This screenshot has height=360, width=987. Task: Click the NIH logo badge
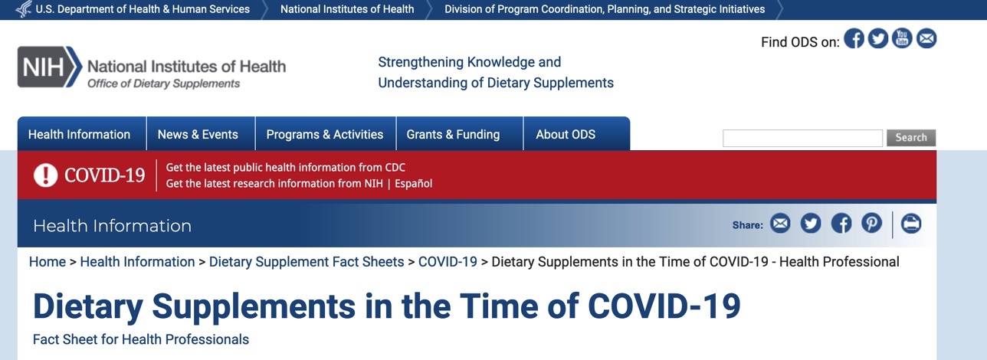50,67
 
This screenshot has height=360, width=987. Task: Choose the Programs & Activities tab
325,133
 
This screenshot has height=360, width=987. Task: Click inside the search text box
802,138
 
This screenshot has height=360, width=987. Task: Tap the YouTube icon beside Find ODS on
902,38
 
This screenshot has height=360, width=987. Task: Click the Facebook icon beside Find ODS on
854,38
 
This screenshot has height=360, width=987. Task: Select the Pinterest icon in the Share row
871,223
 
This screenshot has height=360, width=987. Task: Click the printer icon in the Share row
911,223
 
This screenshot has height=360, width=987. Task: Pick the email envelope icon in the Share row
780,223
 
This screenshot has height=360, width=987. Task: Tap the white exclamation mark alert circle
45,175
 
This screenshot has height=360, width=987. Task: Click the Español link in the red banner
413,183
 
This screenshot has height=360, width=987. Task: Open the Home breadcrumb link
48,262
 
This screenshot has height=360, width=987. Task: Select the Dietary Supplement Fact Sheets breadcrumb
307,262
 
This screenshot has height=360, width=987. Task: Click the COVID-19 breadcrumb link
448,262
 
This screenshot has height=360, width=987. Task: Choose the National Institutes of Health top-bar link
347,9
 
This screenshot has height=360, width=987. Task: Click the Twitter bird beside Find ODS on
878,38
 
